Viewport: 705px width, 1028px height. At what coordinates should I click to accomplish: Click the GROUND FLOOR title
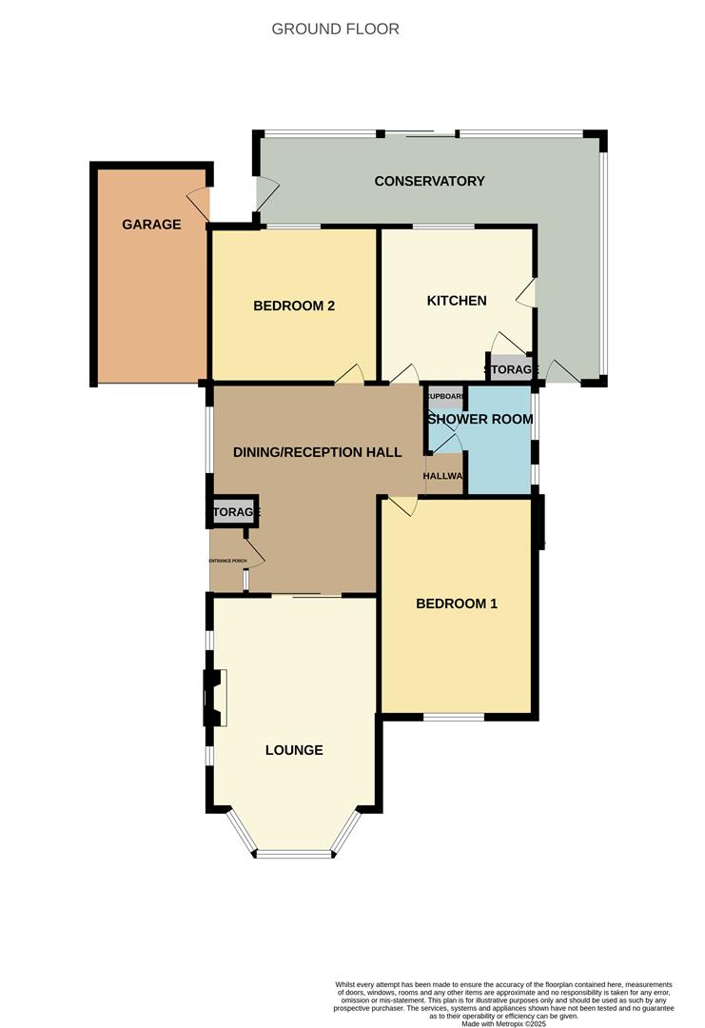(x=335, y=29)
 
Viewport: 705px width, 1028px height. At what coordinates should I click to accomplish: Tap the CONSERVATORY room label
(x=429, y=181)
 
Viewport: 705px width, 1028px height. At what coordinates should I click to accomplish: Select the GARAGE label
(x=151, y=225)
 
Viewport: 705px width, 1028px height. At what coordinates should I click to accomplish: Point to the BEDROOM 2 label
(x=294, y=306)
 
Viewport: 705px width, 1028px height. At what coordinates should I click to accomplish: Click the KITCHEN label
(x=457, y=301)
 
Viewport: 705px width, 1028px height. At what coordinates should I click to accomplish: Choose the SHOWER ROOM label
(x=480, y=419)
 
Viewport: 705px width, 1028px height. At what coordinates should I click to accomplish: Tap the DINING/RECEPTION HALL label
(x=318, y=452)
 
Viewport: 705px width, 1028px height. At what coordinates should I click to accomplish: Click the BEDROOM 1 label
(x=457, y=603)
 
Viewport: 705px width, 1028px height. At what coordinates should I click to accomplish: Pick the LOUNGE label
(x=294, y=750)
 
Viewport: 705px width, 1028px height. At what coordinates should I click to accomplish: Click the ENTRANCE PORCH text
(x=228, y=562)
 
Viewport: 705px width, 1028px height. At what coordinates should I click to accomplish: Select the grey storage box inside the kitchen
(x=510, y=369)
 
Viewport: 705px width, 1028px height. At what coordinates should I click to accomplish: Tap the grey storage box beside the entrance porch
(x=234, y=512)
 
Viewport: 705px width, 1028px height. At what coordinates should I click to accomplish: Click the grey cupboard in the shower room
(x=444, y=397)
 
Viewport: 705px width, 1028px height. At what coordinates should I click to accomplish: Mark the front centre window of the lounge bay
(x=294, y=853)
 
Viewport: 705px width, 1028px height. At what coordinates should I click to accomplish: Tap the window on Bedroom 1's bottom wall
(x=454, y=716)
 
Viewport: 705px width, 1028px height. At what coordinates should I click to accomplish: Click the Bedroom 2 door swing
(x=349, y=375)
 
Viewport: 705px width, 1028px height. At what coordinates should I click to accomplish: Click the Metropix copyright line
(x=504, y=1023)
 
